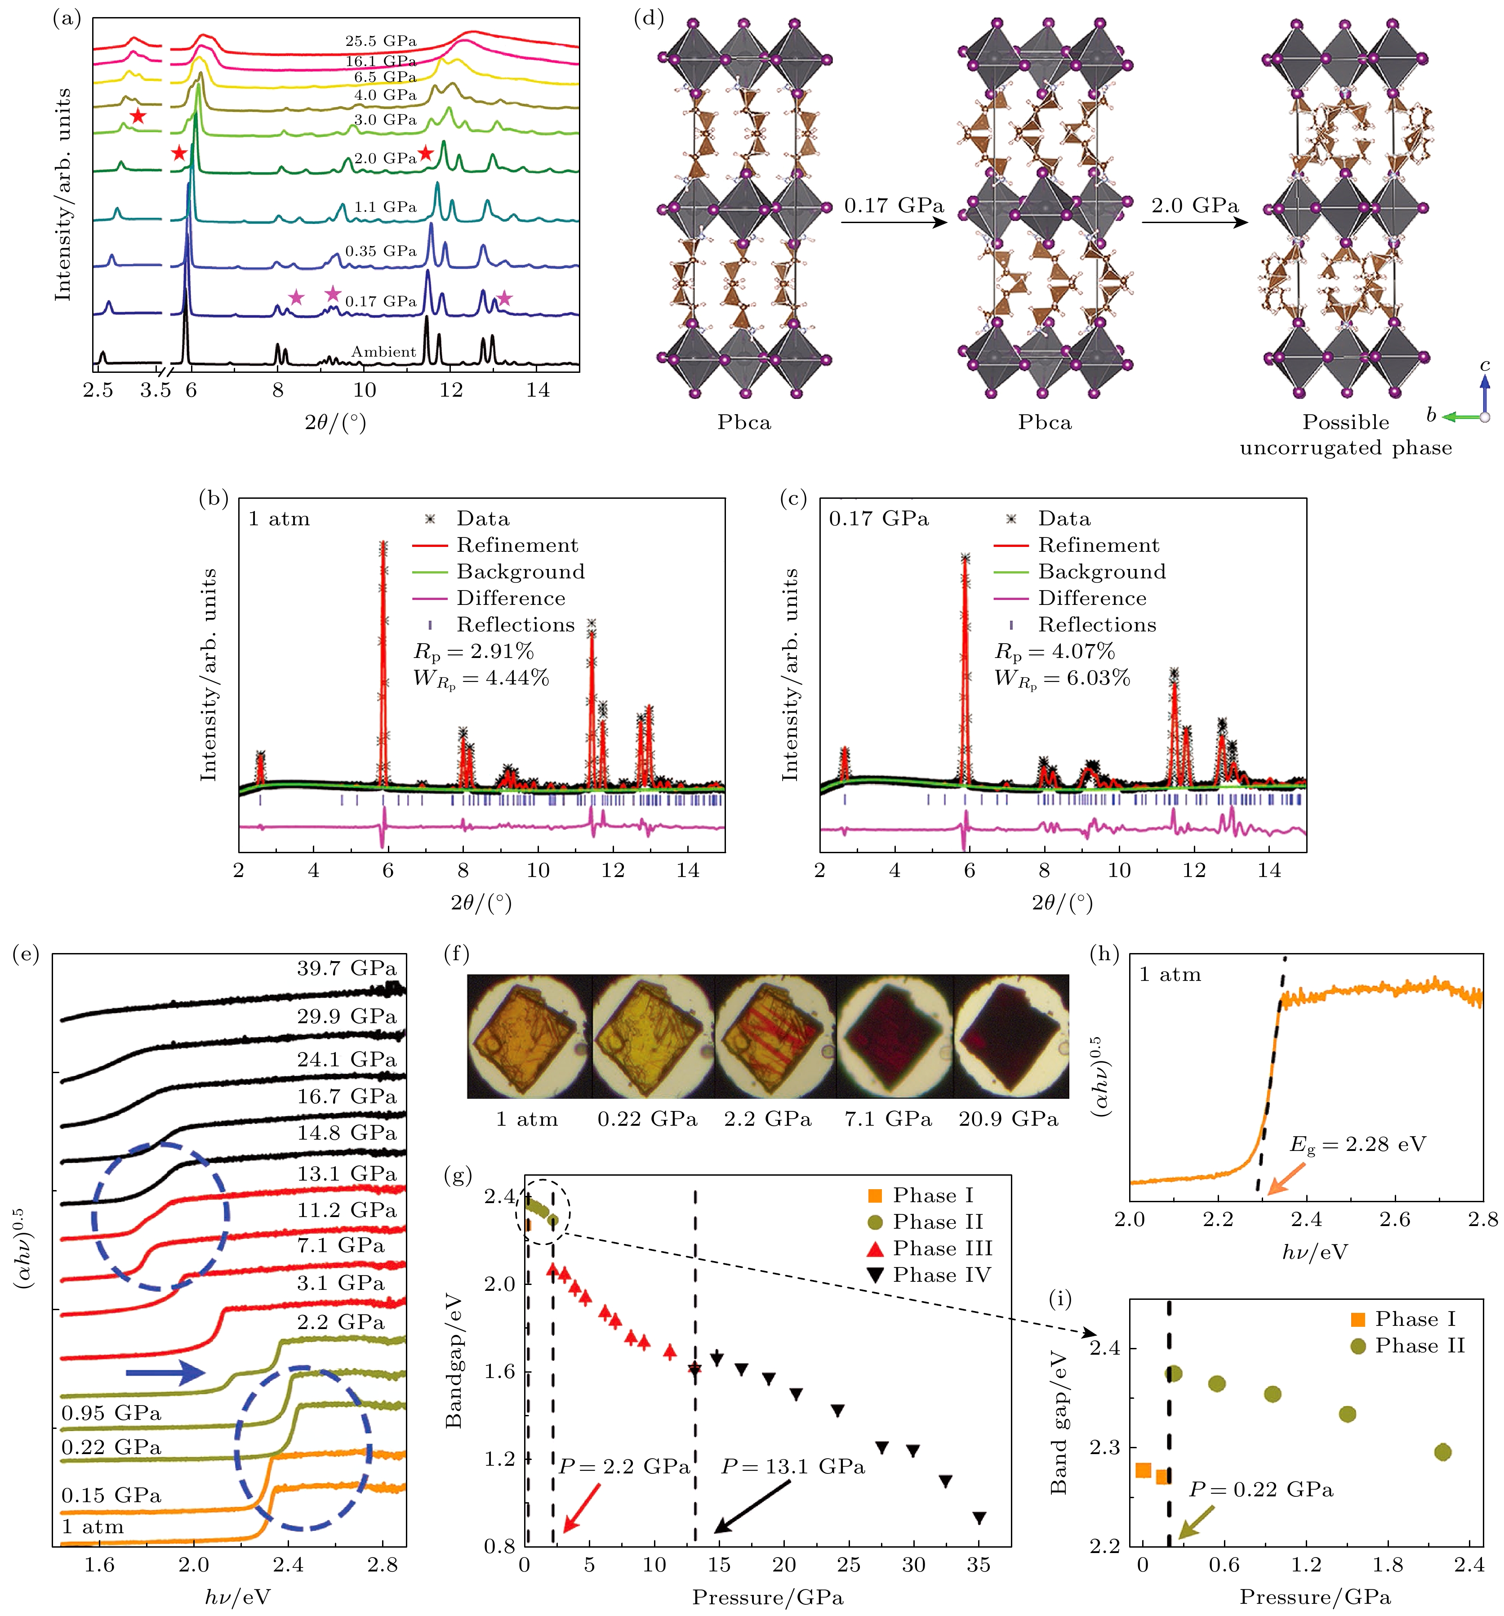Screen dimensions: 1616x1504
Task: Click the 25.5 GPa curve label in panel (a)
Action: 380,40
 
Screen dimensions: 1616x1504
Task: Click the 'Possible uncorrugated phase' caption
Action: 1346,435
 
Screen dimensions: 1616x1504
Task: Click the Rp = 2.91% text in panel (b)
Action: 474,651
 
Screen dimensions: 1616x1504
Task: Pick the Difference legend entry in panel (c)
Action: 1092,598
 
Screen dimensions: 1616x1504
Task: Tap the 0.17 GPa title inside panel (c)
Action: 878,519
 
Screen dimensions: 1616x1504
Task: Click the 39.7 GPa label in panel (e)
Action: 346,968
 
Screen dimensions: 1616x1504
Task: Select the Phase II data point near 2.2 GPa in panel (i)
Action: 1442,1452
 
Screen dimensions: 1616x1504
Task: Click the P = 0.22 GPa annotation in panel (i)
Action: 1261,1489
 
